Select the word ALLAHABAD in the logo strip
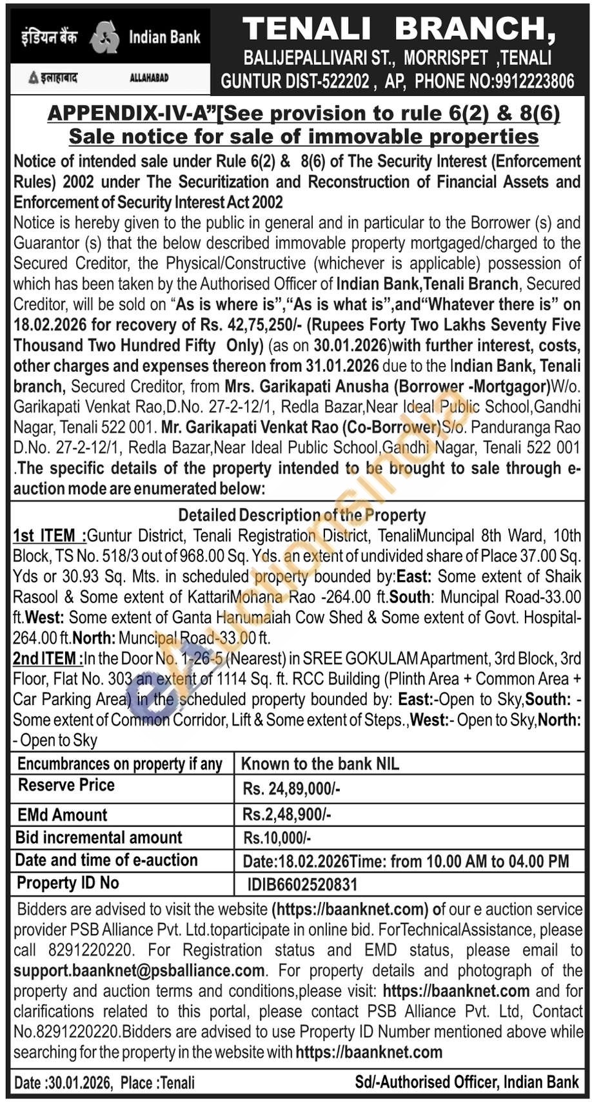click(149, 78)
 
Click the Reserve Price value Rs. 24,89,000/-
click(291, 788)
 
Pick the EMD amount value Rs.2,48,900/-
click(287, 815)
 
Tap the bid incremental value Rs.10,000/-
click(277, 838)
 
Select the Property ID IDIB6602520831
click(302, 884)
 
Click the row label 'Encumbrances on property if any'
click(120, 764)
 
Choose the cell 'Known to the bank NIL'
click(320, 764)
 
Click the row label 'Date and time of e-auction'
click(106, 860)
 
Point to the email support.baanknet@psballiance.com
click(139, 971)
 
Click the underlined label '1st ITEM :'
click(49, 536)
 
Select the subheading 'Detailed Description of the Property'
click(302, 515)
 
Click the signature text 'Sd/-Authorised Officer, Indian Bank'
click(467, 1082)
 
